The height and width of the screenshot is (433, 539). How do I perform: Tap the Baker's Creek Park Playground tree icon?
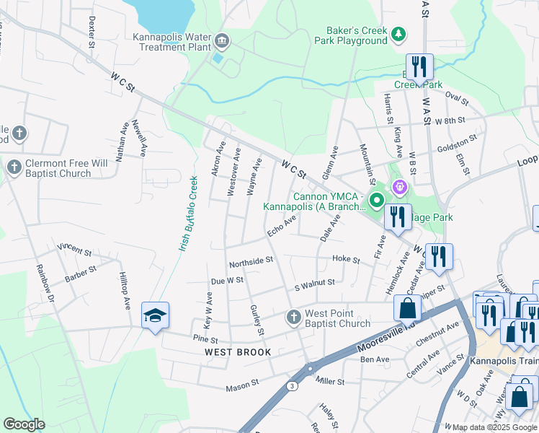pyautogui.click(x=398, y=35)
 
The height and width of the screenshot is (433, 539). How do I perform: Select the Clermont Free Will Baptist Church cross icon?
pyautogui.click(x=14, y=168)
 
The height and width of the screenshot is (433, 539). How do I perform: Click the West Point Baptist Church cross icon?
pyautogui.click(x=293, y=318)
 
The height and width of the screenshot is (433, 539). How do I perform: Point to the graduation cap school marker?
pyautogui.click(x=155, y=316)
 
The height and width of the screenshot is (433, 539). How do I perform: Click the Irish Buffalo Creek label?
pyautogui.click(x=188, y=214)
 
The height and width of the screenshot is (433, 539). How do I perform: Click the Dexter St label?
pyautogui.click(x=92, y=34)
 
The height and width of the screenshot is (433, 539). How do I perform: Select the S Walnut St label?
pyautogui.click(x=315, y=284)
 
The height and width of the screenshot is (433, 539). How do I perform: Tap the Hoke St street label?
pyautogui.click(x=346, y=259)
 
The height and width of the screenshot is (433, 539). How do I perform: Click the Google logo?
pyautogui.click(x=24, y=424)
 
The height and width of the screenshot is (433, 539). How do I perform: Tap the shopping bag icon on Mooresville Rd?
pyautogui.click(x=407, y=308)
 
